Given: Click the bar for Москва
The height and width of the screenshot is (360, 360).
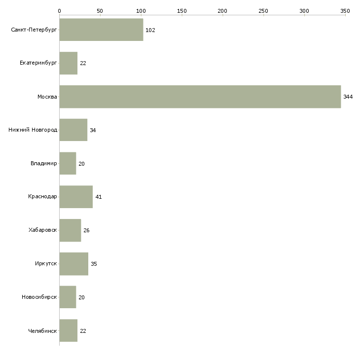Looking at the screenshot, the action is [x=200, y=97].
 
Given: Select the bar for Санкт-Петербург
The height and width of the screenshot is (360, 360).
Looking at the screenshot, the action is [x=101, y=30].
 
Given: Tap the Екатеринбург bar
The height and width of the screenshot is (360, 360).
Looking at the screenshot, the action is [x=69, y=63].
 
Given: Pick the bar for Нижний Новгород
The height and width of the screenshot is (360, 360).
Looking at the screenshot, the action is [x=73, y=130].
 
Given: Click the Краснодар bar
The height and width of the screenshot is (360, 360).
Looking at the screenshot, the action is [x=76, y=197].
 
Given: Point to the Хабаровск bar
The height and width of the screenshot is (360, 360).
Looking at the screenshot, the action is [x=70, y=230].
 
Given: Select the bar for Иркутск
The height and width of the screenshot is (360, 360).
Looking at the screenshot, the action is [x=73, y=264].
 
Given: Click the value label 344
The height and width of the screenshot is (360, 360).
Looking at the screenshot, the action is [x=348, y=97].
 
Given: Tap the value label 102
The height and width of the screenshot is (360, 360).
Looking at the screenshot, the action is [x=150, y=30].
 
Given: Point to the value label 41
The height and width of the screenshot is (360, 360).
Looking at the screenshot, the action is [x=99, y=197].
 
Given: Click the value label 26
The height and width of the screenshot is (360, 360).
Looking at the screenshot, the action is [x=86, y=230].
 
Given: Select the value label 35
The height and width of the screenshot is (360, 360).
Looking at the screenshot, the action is [x=94, y=264].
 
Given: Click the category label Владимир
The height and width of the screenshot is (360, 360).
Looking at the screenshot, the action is [x=43, y=163].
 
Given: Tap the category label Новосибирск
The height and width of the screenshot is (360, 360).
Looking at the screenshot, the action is [x=39, y=297].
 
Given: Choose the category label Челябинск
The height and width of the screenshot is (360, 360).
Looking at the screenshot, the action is [x=42, y=331].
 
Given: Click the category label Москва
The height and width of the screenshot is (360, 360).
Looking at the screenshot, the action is [x=47, y=97].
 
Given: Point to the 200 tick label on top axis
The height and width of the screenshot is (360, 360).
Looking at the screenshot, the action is [x=222, y=11].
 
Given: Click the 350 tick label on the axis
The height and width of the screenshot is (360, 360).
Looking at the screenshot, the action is [x=345, y=11].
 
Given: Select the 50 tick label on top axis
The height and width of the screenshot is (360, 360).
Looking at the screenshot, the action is [x=100, y=11].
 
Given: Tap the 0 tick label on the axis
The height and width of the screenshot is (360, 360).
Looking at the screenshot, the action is [x=60, y=11].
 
